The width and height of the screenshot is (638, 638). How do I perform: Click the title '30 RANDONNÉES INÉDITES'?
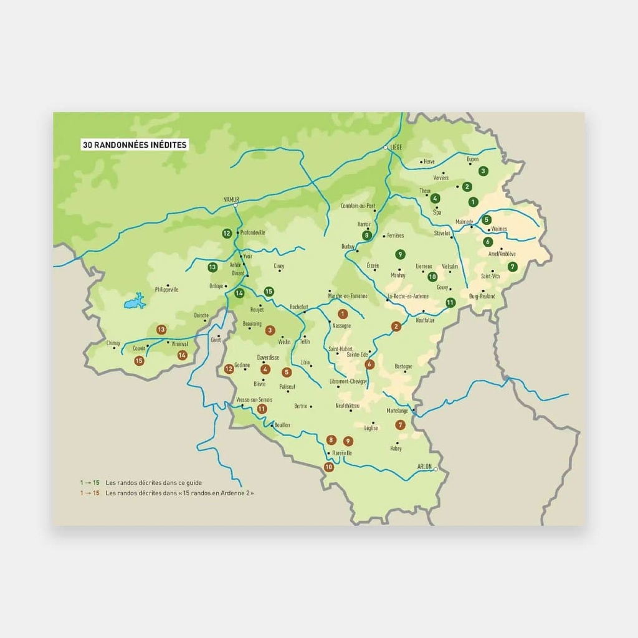tap(135, 145)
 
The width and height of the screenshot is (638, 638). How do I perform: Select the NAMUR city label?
tap(231, 199)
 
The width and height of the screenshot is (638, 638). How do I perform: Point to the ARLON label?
tap(424, 465)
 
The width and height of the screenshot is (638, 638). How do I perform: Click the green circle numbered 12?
tap(227, 234)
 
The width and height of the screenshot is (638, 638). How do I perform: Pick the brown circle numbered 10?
tap(328, 467)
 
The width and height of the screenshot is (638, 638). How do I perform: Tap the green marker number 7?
tap(512, 267)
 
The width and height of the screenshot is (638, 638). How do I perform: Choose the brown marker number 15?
tap(139, 361)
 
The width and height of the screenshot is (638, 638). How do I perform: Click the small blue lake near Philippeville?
tap(134, 302)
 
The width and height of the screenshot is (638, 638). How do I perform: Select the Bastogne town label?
tap(403, 366)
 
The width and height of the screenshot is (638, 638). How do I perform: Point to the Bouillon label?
tap(282, 425)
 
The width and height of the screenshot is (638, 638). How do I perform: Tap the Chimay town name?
tap(113, 343)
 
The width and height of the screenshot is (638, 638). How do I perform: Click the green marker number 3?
tap(482, 171)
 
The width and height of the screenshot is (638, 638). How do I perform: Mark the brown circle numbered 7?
tap(401, 425)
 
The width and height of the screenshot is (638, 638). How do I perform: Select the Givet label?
tap(216, 340)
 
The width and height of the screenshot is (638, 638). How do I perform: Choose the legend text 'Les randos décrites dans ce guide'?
tap(154, 482)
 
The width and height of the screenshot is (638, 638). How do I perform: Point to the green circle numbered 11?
tap(450, 303)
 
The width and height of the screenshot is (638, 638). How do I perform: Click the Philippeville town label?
tap(166, 290)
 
